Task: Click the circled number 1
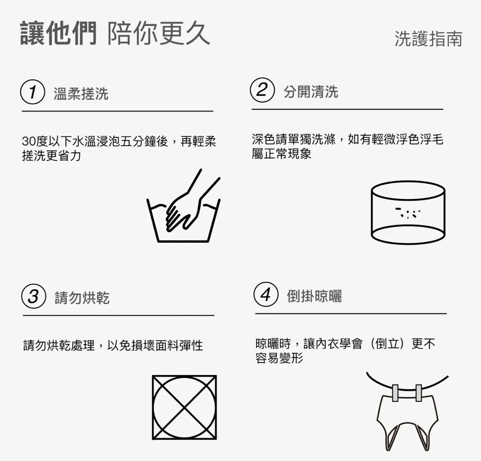[33, 92]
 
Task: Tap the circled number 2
[262, 90]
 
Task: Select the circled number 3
[34, 296]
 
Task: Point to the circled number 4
[266, 294]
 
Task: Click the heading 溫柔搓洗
[81, 94]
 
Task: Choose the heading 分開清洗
[311, 92]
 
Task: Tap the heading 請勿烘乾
[82, 298]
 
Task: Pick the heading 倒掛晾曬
[314, 296]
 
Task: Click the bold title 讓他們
[58, 33]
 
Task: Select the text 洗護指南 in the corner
[428, 39]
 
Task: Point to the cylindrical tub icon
[408, 213]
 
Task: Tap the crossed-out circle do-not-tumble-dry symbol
[185, 408]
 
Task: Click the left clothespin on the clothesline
[395, 393]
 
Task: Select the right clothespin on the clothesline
[418, 393]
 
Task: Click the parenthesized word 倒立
[387, 344]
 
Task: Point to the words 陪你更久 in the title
[158, 33]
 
